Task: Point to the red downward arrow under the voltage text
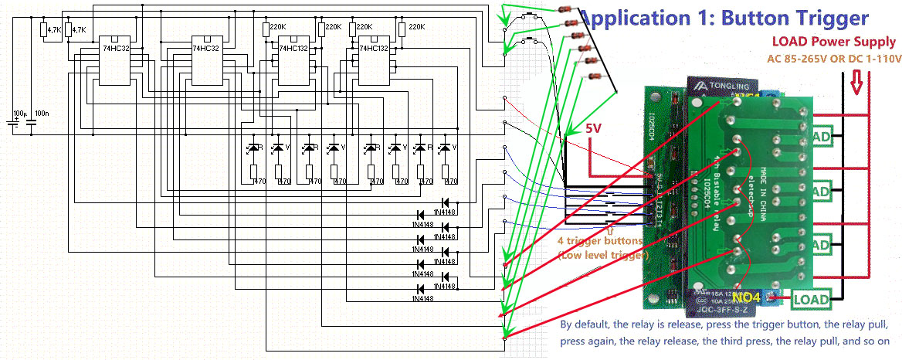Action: (x=856, y=80)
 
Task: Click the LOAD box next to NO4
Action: (x=810, y=299)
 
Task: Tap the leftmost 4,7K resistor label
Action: (x=54, y=30)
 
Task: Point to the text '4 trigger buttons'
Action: (x=602, y=241)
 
